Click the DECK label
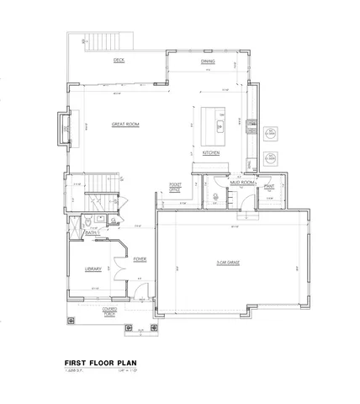pos(119,61)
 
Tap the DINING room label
pos(208,61)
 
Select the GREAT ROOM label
pos(124,125)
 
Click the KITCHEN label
pos(211,152)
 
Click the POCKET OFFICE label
pos(176,187)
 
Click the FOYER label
pos(140,259)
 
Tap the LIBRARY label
pos(93,268)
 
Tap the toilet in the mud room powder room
pos(215,199)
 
